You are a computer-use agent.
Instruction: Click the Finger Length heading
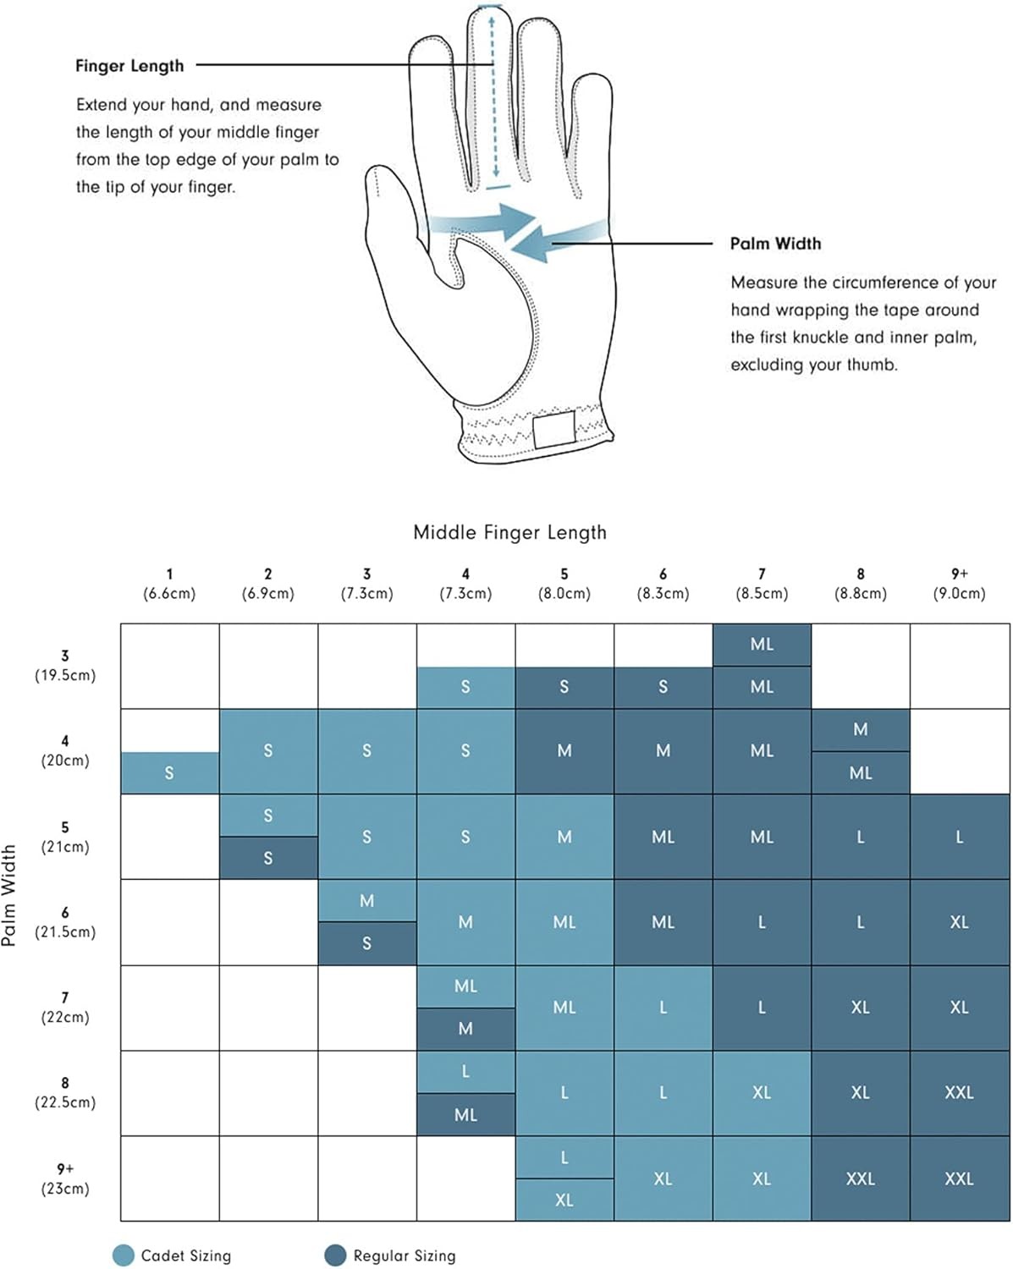point(129,66)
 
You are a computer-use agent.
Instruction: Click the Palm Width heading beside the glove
point(775,244)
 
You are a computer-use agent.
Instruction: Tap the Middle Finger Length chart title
point(509,532)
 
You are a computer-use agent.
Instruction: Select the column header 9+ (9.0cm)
point(959,584)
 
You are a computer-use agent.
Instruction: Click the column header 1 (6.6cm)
point(169,584)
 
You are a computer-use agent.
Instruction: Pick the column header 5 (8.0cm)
point(564,584)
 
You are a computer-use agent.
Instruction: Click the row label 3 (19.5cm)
point(65,666)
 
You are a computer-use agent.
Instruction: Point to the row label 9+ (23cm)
point(65,1178)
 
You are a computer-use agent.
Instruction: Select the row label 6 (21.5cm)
point(65,922)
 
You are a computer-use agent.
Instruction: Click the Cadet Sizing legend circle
point(124,1255)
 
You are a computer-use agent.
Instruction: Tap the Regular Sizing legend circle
point(335,1255)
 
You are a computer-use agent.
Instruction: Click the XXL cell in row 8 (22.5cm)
point(959,1093)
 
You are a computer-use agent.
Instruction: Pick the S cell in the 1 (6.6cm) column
point(169,772)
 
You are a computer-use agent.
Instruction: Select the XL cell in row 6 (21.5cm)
point(959,922)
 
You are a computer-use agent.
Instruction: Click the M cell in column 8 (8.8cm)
point(860,729)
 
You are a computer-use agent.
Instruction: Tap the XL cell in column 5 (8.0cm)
point(564,1200)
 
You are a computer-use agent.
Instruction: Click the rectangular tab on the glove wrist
point(553,429)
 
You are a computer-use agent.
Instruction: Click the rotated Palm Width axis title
point(9,895)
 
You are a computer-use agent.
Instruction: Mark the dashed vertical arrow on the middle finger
point(493,93)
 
